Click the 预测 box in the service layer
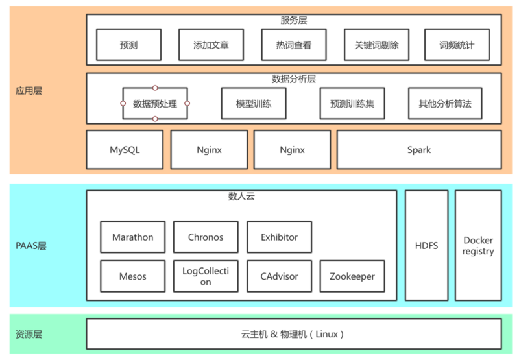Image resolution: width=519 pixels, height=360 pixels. [128, 45]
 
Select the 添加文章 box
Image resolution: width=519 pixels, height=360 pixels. [211, 45]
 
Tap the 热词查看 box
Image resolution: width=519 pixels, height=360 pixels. [294, 45]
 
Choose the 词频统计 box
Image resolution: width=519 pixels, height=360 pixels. [457, 45]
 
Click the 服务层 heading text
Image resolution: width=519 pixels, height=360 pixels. [293, 21]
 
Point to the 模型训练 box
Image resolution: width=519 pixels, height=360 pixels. [254, 104]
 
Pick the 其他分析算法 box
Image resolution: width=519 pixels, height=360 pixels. [445, 104]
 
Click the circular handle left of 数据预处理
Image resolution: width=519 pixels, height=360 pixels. [123, 103]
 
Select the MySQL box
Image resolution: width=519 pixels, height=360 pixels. [125, 150]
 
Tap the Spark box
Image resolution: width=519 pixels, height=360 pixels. [418, 150]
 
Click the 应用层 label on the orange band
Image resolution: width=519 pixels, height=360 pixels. [29, 91]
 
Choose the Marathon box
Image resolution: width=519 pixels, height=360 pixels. [132, 237]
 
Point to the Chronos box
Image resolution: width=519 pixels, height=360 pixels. [206, 237]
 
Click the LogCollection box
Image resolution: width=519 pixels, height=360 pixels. [206, 276]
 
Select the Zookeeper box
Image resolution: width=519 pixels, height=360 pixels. [352, 276]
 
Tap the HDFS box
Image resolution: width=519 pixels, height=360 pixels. [426, 246]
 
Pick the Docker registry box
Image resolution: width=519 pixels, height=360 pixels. [478, 246]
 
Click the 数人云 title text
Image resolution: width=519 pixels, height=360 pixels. [241, 197]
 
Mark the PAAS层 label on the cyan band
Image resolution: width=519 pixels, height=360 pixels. [31, 246]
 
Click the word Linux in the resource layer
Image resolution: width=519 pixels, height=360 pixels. [324, 335]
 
